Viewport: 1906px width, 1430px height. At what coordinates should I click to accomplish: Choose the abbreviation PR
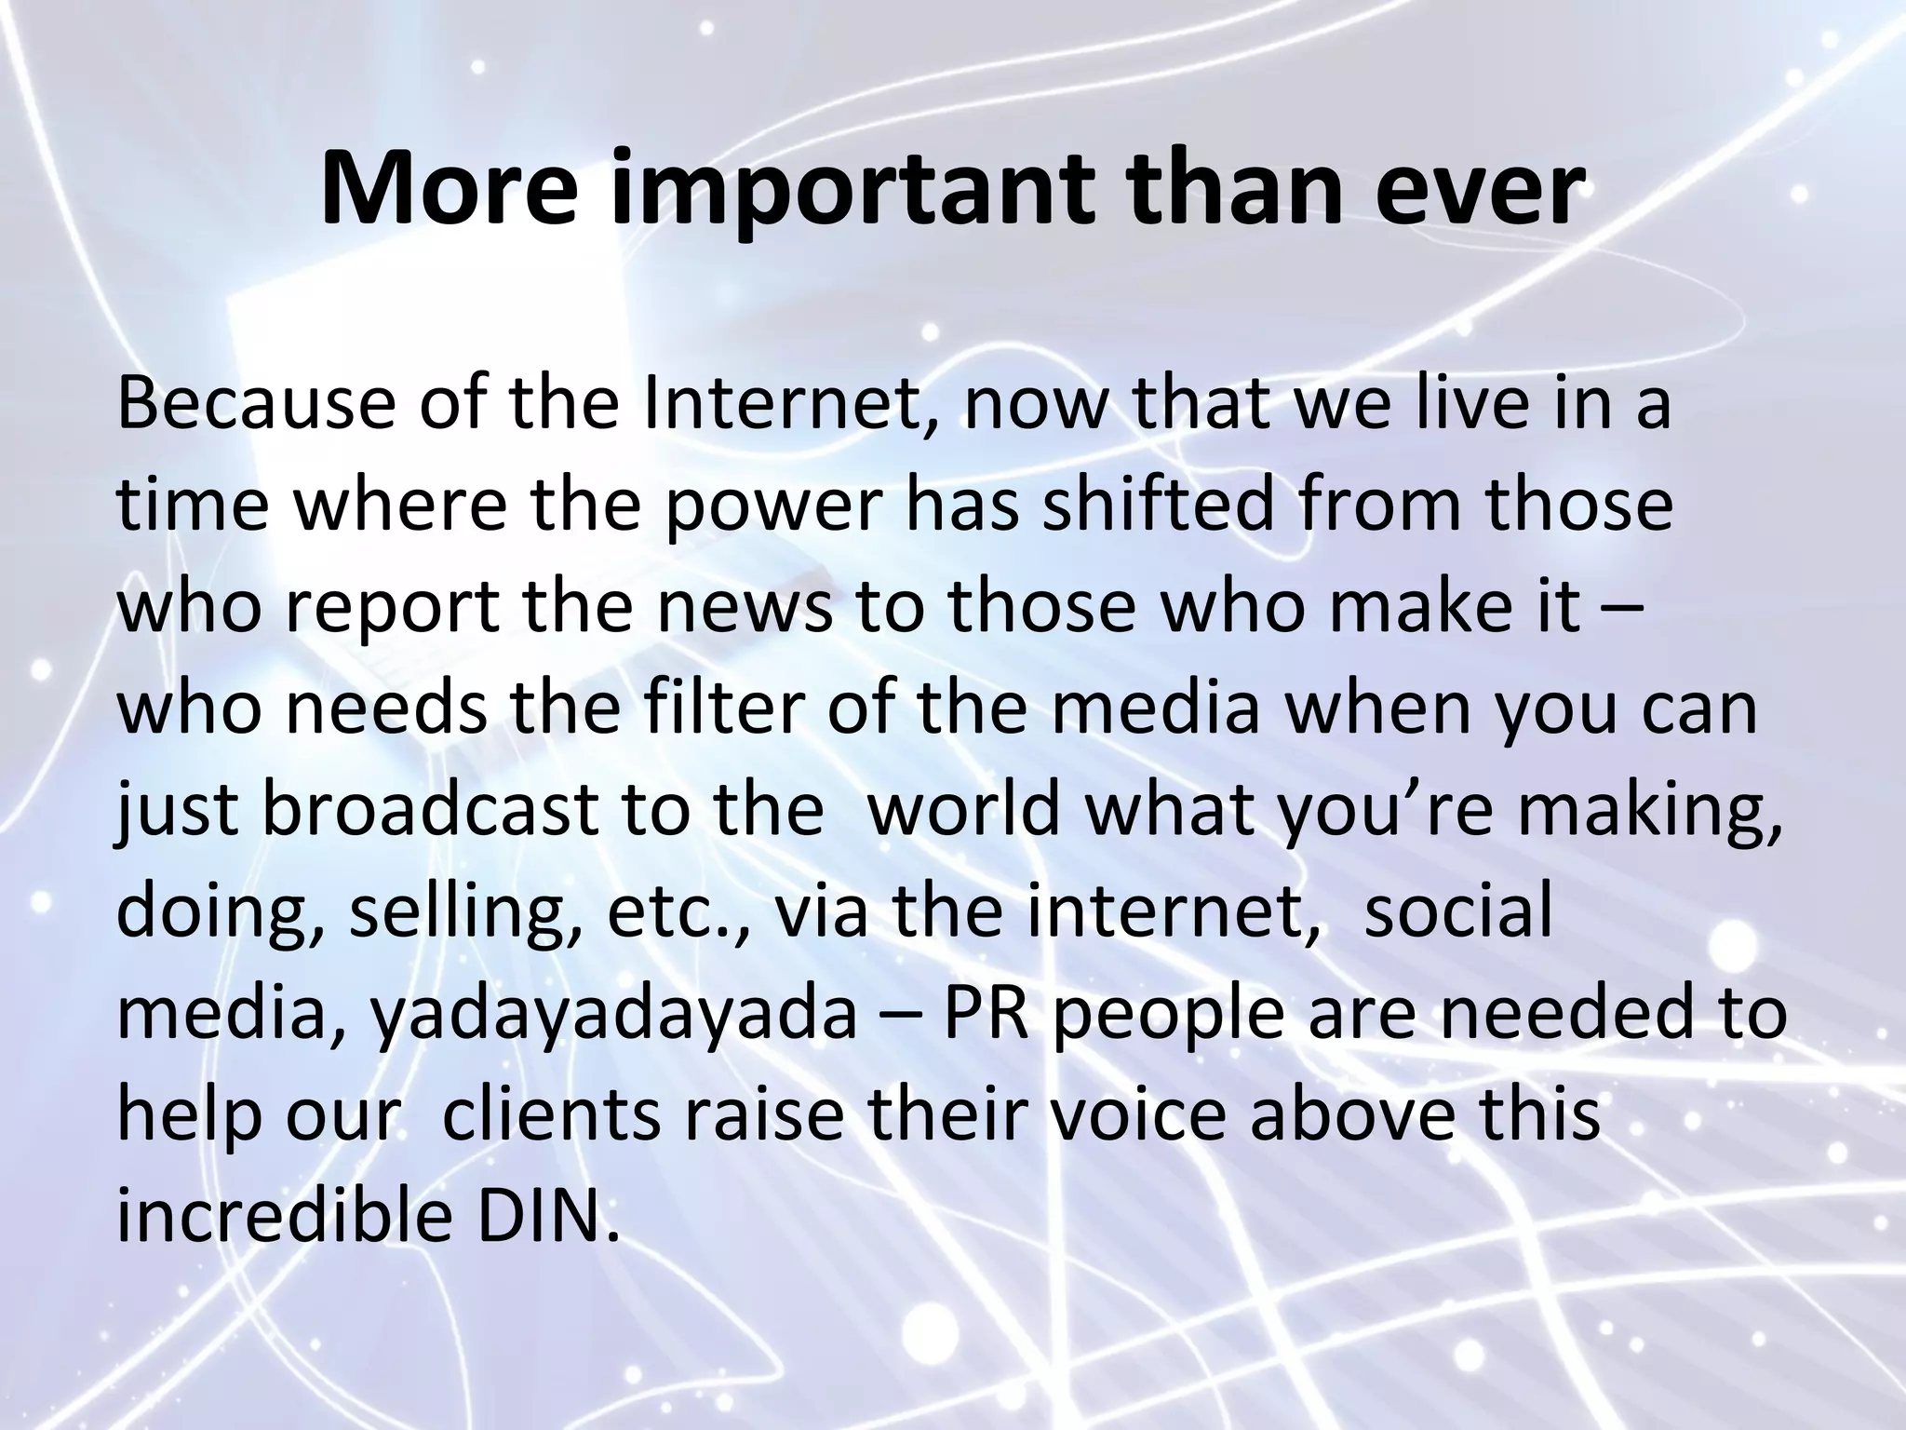(x=987, y=1012)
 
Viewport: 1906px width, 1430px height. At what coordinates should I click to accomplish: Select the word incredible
(x=284, y=1215)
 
